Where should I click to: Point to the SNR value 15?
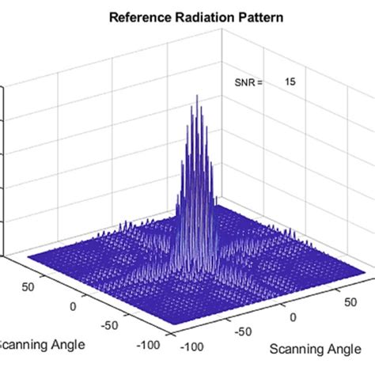[x=290, y=81]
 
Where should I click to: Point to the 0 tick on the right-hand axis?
[x=294, y=317]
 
